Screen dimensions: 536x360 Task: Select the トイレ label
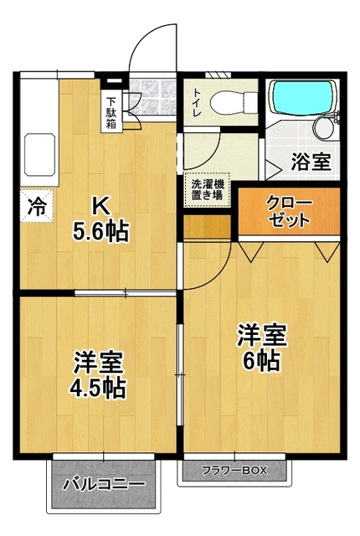[x=195, y=100]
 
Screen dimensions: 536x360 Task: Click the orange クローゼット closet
[x=289, y=213]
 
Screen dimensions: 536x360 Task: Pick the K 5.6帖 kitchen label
[x=100, y=219]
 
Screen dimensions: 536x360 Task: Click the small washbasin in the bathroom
[x=322, y=127]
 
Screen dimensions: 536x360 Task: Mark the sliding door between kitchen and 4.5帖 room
[x=126, y=292]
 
